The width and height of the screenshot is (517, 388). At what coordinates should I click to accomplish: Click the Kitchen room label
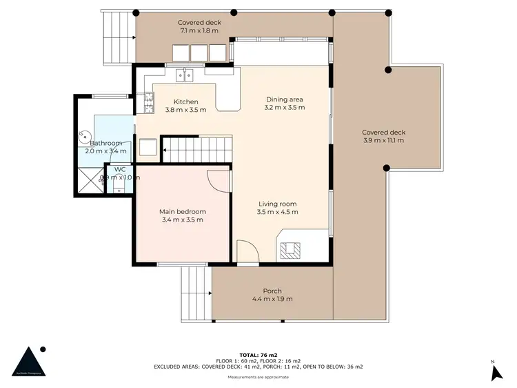tap(185, 101)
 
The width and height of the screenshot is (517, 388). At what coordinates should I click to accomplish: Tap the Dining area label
tap(285, 99)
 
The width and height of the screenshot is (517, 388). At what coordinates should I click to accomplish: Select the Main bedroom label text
tap(182, 211)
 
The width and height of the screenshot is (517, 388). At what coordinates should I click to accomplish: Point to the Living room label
tap(277, 204)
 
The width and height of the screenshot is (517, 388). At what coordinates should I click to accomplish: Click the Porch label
tap(272, 291)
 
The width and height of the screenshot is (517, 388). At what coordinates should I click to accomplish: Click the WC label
tap(119, 168)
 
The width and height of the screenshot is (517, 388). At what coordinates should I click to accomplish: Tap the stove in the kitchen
tap(148, 103)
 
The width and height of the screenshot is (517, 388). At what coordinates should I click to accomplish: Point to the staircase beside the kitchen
tap(196, 148)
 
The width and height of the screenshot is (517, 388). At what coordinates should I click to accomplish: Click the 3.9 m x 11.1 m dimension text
tap(383, 140)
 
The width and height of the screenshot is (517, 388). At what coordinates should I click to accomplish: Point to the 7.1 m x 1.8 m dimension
tap(199, 30)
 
